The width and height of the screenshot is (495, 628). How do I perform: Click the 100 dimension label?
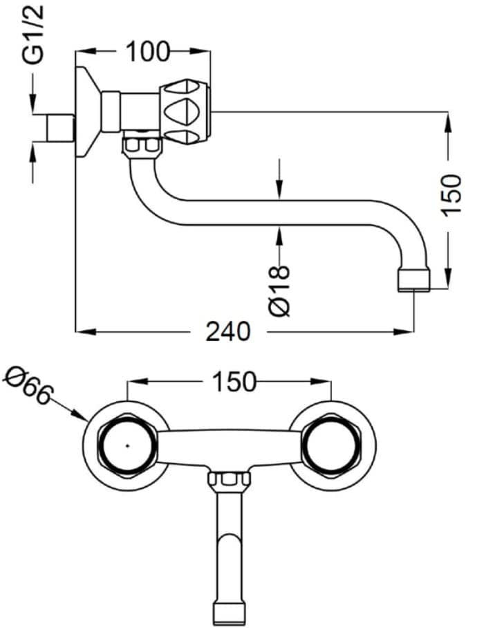pyautogui.click(x=147, y=51)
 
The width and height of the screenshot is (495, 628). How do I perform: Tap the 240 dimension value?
pyautogui.click(x=228, y=331)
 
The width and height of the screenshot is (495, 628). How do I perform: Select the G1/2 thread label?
pyautogui.click(x=33, y=35)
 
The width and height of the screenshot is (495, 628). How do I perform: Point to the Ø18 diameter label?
pyautogui.click(x=279, y=290)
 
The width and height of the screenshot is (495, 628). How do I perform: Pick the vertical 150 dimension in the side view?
pyautogui.click(x=451, y=194)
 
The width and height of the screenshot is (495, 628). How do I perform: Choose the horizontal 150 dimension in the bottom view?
pyautogui.click(x=234, y=381)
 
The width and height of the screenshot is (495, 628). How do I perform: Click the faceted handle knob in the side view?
pyautogui.click(x=185, y=112)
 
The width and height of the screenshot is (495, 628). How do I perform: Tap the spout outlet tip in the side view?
pyautogui.click(x=413, y=279)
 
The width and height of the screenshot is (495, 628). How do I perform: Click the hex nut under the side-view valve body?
pyautogui.click(x=142, y=147)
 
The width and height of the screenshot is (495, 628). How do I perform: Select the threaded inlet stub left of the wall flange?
pyautogui.click(x=60, y=128)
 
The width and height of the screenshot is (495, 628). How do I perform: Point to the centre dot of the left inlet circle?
pyautogui.click(x=127, y=445)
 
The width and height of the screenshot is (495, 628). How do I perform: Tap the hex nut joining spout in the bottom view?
pyautogui.click(x=229, y=480)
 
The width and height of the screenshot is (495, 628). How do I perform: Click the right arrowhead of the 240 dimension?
pyautogui.click(x=404, y=331)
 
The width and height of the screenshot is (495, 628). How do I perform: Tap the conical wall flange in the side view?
pyautogui.click(x=88, y=112)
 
